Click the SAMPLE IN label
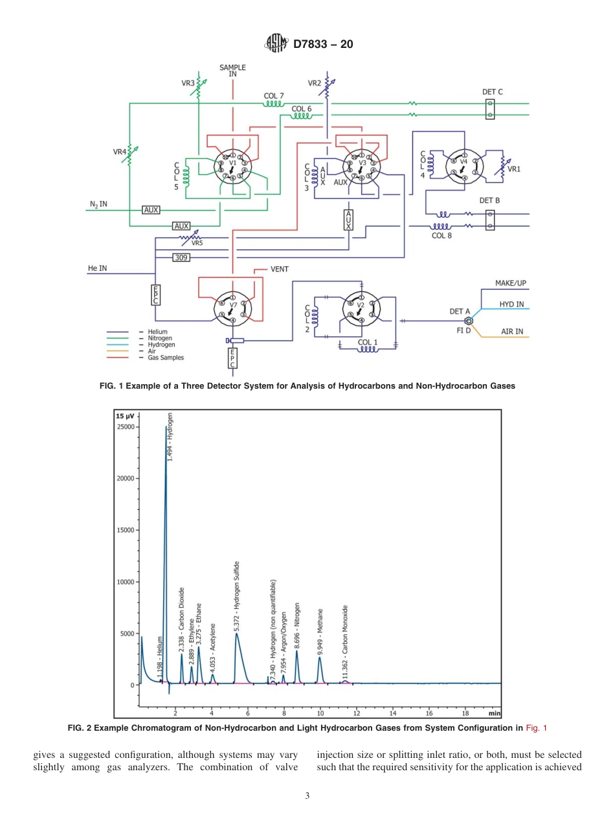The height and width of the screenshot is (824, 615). [x=232, y=71]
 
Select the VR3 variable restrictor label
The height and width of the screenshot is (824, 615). [x=188, y=84]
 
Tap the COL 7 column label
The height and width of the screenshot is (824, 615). [x=273, y=96]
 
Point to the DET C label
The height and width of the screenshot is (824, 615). [x=492, y=92]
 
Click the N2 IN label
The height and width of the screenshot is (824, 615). [x=98, y=204]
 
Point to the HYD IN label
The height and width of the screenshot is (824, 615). [x=511, y=304]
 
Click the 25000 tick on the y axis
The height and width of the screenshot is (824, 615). [x=125, y=427]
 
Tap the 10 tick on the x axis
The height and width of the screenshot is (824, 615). [x=320, y=713]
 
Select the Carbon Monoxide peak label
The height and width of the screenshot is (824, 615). [x=346, y=641]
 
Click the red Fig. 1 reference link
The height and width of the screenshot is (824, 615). [x=536, y=728]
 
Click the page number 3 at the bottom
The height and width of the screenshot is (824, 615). [x=307, y=796]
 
